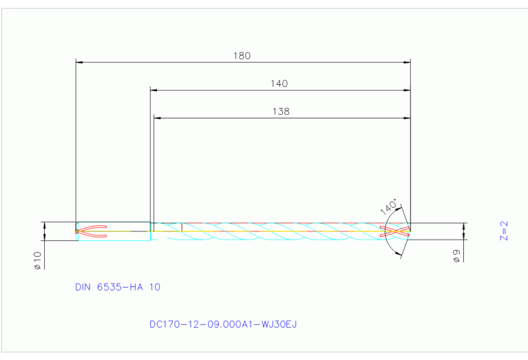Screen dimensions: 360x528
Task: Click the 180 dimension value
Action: tap(242, 56)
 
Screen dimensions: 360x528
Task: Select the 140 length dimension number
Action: tap(279, 83)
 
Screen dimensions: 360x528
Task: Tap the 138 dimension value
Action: tap(281, 111)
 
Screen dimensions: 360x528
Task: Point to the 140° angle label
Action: tap(389, 207)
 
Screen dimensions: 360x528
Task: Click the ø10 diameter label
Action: tap(38, 260)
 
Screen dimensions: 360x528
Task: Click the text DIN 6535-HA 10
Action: tap(118, 287)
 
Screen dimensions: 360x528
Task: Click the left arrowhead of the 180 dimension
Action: tap(78, 63)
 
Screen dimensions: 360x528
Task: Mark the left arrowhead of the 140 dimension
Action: tap(154, 90)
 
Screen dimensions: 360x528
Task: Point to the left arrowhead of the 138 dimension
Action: tap(157, 118)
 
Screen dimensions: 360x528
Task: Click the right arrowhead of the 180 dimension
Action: tap(407, 63)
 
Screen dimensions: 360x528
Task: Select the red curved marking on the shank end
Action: tap(92, 231)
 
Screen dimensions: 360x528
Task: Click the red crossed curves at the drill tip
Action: tap(399, 231)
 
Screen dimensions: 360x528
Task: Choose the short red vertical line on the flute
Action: tap(181, 227)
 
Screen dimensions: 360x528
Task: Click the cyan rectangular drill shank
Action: tap(114, 231)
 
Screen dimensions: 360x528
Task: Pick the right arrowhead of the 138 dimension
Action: tap(407, 118)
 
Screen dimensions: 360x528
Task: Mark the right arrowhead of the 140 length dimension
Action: tap(407, 90)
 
